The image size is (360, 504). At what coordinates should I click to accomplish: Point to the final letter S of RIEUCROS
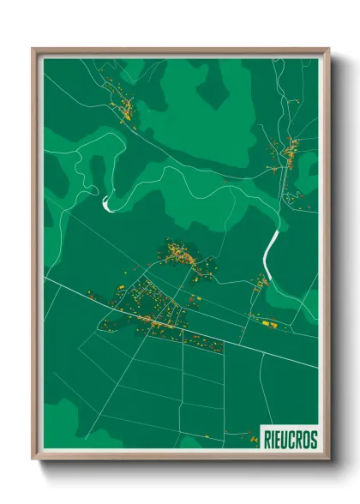(x=313, y=439)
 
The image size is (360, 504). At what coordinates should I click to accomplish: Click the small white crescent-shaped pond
(x=106, y=203)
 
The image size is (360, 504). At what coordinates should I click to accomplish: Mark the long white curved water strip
(x=270, y=248)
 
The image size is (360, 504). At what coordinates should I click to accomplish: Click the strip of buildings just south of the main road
(x=202, y=345)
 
